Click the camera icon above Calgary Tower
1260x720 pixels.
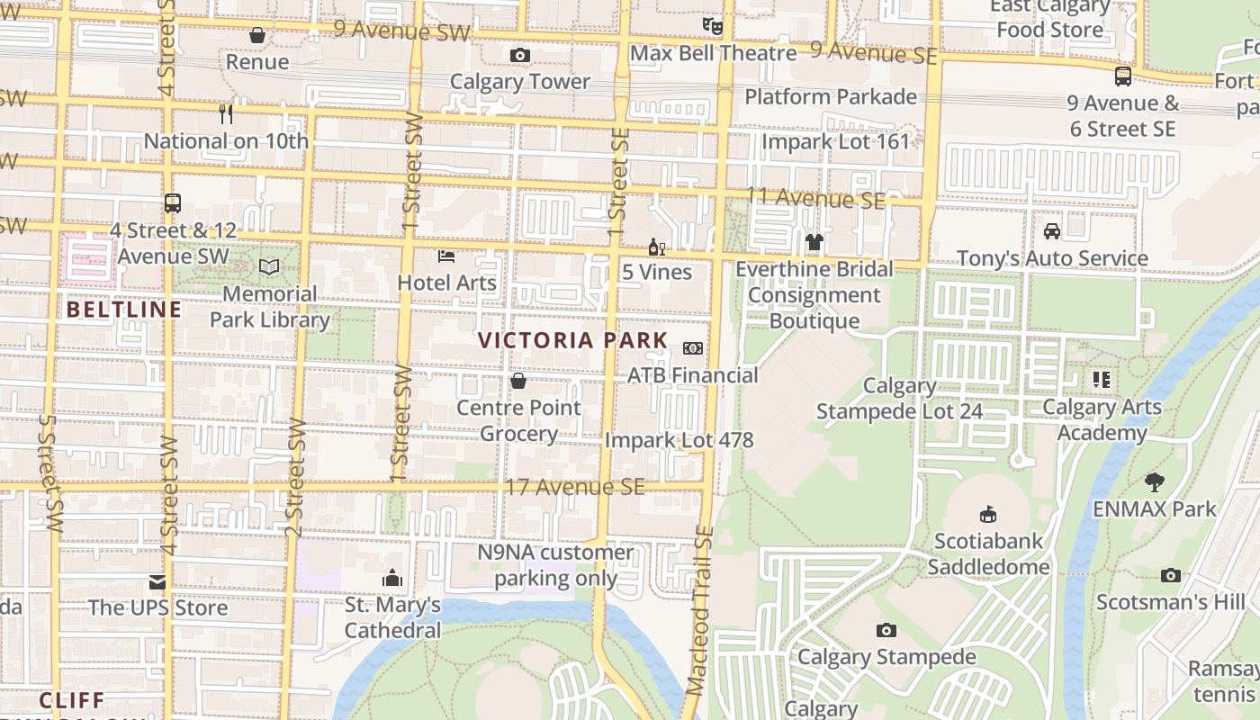[519, 56]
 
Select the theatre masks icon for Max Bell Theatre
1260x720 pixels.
[713, 26]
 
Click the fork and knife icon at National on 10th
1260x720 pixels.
[226, 113]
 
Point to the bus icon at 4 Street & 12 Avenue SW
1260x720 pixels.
[173, 203]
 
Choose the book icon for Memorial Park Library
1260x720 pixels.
[269, 266]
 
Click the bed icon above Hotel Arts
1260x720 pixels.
[446, 256]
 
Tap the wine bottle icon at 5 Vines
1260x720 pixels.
[657, 247]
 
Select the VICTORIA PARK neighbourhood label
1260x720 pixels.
[573, 340]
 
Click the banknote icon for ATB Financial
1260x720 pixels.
[693, 347]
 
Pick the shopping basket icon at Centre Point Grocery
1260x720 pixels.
[518, 381]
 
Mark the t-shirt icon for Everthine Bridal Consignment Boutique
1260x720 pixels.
[814, 241]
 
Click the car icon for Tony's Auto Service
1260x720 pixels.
[1051, 231]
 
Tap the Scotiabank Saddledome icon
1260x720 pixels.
[988, 514]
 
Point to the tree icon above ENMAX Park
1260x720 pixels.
[1155, 481]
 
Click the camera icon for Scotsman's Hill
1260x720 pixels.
[1170, 575]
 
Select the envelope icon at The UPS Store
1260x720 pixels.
[157, 581]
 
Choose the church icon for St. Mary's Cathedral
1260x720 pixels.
[392, 577]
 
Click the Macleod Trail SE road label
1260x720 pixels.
[699, 612]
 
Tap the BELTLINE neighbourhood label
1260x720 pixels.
[124, 310]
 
